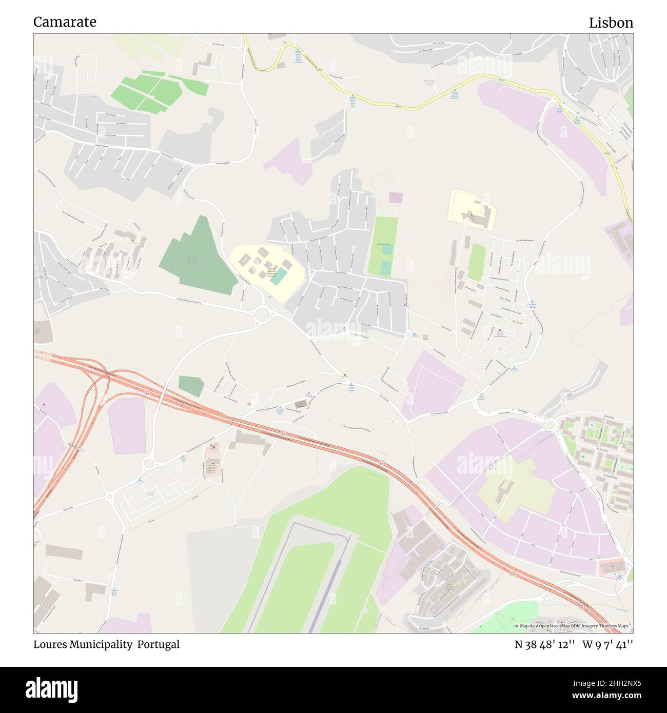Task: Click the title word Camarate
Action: point(65,22)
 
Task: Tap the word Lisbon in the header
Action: point(611,23)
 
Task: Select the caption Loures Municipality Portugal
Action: point(107,645)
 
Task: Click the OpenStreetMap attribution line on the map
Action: point(574,626)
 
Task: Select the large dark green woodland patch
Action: point(195,254)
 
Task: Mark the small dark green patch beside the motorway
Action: point(191,386)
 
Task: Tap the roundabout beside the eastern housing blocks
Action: point(551,424)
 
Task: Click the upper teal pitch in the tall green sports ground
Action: point(386,250)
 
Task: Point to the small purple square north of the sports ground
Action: point(396,197)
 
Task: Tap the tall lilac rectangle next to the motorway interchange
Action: point(128,426)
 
